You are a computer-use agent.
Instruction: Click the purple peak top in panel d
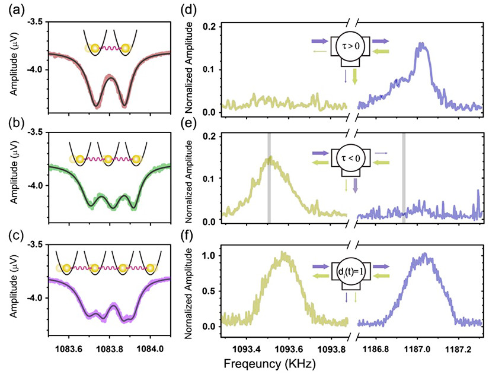point(421,45)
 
